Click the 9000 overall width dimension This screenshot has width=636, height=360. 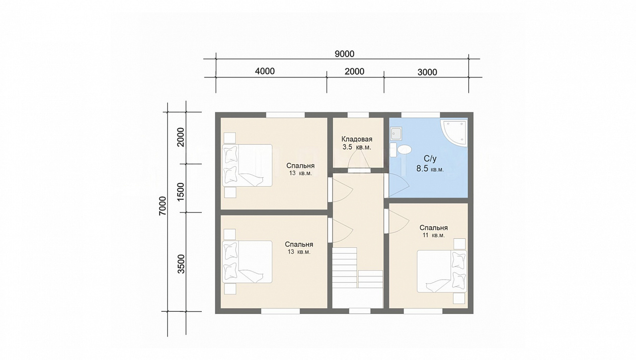344,54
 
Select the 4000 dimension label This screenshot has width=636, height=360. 265,71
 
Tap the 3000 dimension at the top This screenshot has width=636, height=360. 427,72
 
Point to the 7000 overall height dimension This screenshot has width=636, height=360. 162,206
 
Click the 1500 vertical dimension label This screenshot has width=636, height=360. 180,192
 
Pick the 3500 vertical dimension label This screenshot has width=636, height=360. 181,264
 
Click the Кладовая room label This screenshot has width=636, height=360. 357,140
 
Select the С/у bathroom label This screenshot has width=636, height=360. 430,159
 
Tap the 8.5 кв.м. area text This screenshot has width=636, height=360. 430,169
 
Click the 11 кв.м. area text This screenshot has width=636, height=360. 434,235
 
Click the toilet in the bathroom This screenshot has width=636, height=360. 401,149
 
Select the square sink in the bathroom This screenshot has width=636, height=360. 396,134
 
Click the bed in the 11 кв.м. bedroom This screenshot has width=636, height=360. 442,271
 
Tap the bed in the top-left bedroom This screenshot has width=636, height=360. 247,165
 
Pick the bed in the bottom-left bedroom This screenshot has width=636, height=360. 247,262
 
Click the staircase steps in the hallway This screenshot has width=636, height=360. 357,268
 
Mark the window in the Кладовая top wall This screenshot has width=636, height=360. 358,115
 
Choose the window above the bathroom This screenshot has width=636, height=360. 420,115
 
